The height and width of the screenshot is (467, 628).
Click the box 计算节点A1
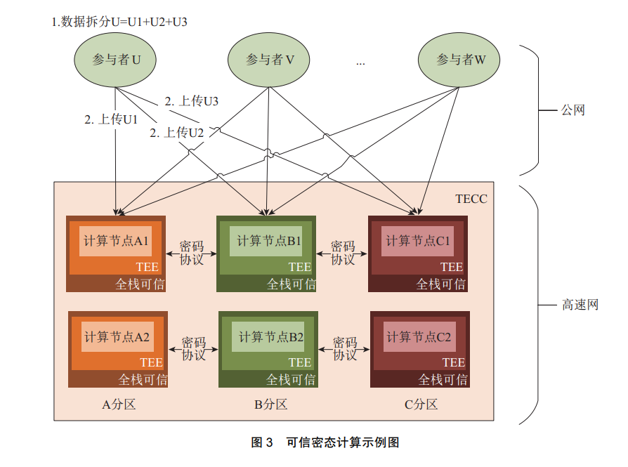(117, 242)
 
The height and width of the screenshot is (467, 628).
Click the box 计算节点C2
(419, 337)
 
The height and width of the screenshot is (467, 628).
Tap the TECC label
(471, 199)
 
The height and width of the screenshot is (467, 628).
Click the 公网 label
(573, 110)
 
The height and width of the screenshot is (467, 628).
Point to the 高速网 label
(580, 305)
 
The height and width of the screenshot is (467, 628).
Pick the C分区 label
(421, 404)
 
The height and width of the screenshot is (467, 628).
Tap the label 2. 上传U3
(191, 101)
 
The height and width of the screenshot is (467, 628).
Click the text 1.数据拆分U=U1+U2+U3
(119, 22)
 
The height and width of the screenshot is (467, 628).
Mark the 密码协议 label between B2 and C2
(344, 349)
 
